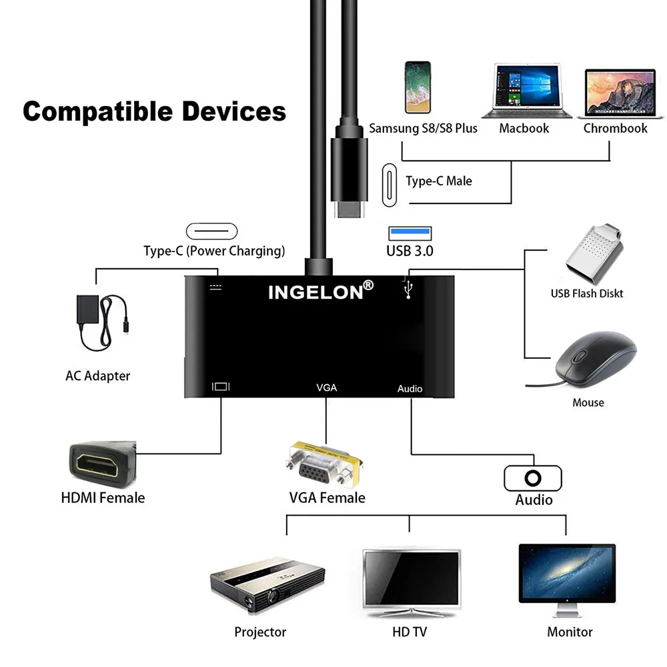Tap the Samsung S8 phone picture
coord(418,87)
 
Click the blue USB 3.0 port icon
coord(410,233)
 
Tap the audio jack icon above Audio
coord(532,478)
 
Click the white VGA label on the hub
coord(326,387)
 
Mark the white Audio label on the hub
coord(410,388)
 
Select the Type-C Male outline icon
coord(389,180)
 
